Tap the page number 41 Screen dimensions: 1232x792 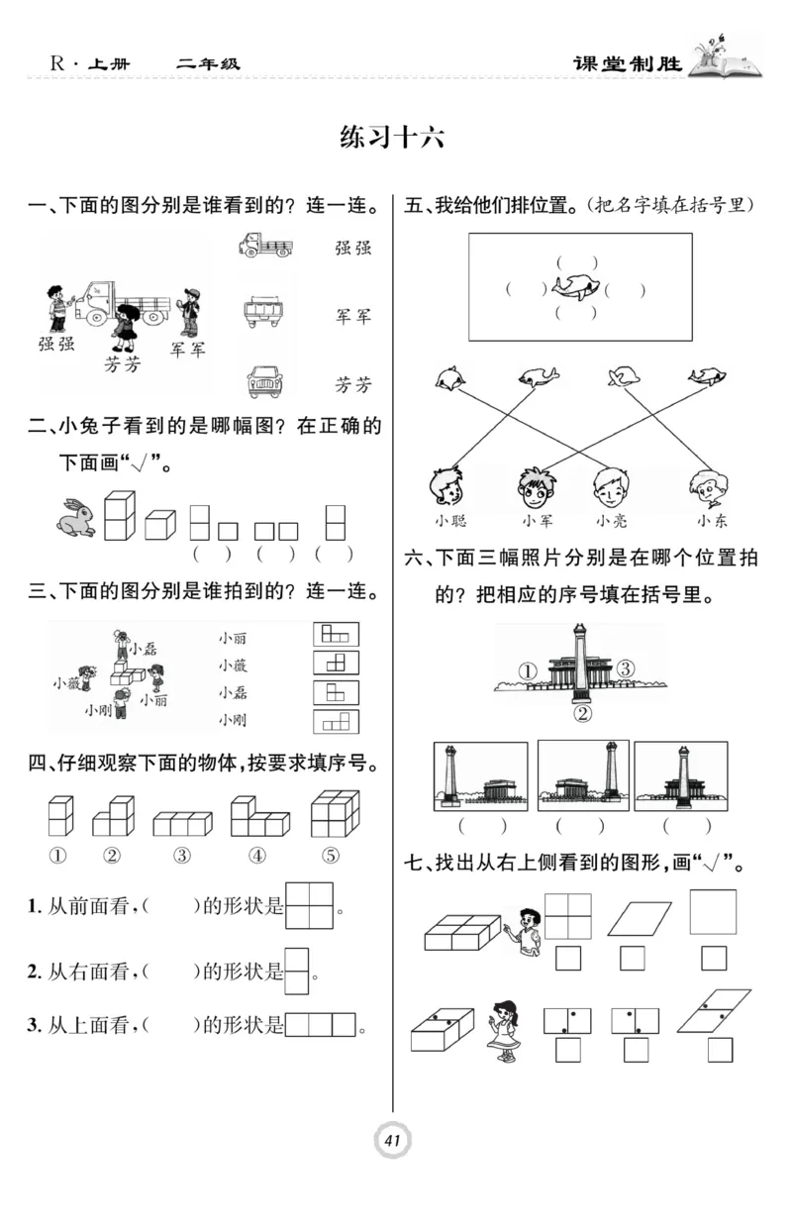pos(392,1141)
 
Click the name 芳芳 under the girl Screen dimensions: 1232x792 pos(123,364)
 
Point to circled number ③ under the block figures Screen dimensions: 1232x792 pos(181,856)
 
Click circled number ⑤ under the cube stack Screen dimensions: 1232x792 pos(331,856)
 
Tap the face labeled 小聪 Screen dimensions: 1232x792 pos(447,485)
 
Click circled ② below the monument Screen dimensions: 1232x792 pos(582,713)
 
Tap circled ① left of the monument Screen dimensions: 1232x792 pos(528,671)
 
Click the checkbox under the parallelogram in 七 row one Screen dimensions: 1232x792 pos(632,958)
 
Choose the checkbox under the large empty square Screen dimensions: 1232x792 pos(713,958)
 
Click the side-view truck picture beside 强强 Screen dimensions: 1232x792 pos(265,245)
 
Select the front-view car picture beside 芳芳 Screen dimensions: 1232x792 pos(264,380)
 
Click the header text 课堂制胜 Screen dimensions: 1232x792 pos(629,64)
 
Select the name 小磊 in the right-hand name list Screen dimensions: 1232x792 pos(234,692)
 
